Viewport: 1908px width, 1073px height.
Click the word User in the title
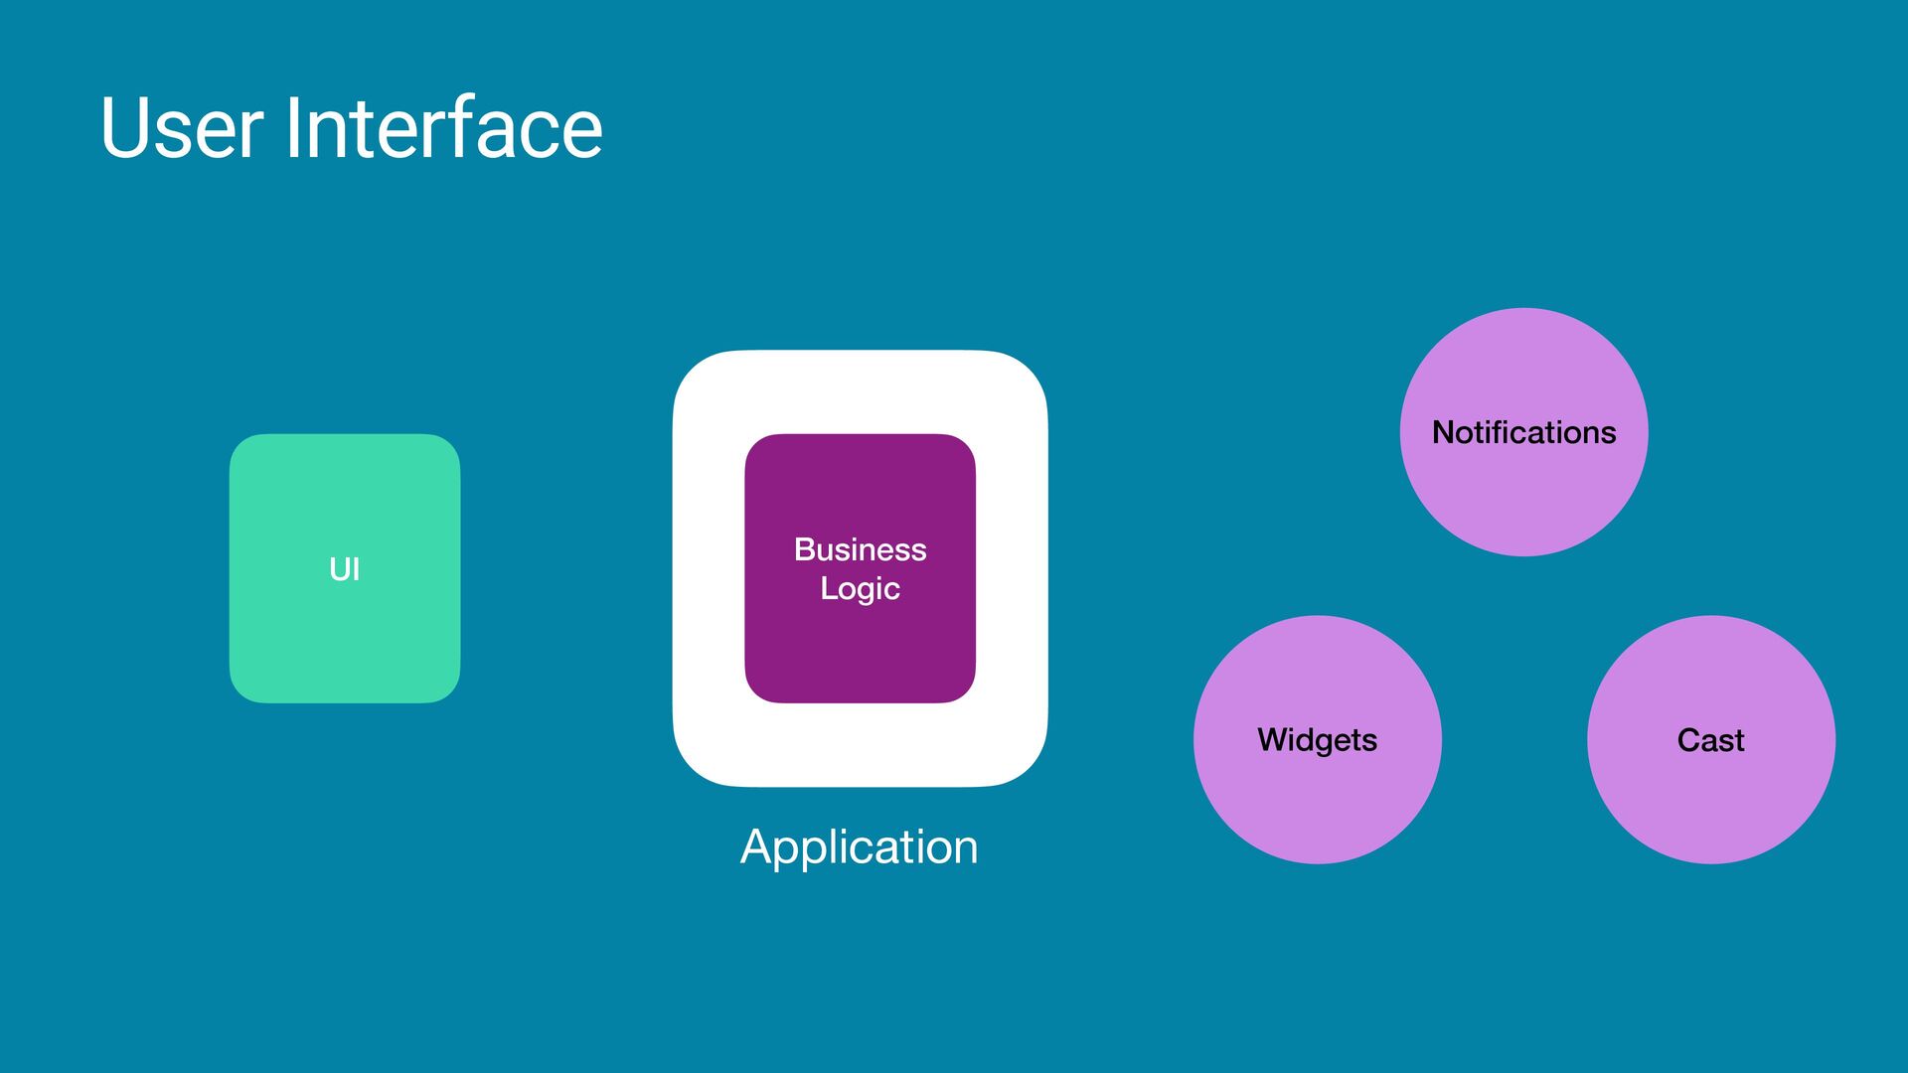click(182, 128)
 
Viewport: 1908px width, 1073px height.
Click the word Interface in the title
click(443, 128)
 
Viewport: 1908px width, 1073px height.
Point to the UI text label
click(345, 569)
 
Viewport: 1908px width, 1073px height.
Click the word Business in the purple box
click(860, 549)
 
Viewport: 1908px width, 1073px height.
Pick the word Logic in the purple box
click(860, 588)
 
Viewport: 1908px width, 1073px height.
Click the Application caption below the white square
click(860, 846)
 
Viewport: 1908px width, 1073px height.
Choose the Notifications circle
click(1523, 497)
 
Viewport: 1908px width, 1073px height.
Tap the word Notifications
click(1523, 432)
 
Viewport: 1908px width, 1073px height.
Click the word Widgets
click(1317, 740)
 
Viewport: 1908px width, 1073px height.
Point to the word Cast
click(1710, 740)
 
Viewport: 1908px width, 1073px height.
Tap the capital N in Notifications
click(1443, 432)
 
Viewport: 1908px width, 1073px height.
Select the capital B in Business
click(804, 549)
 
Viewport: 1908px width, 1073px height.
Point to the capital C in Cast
click(1688, 740)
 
